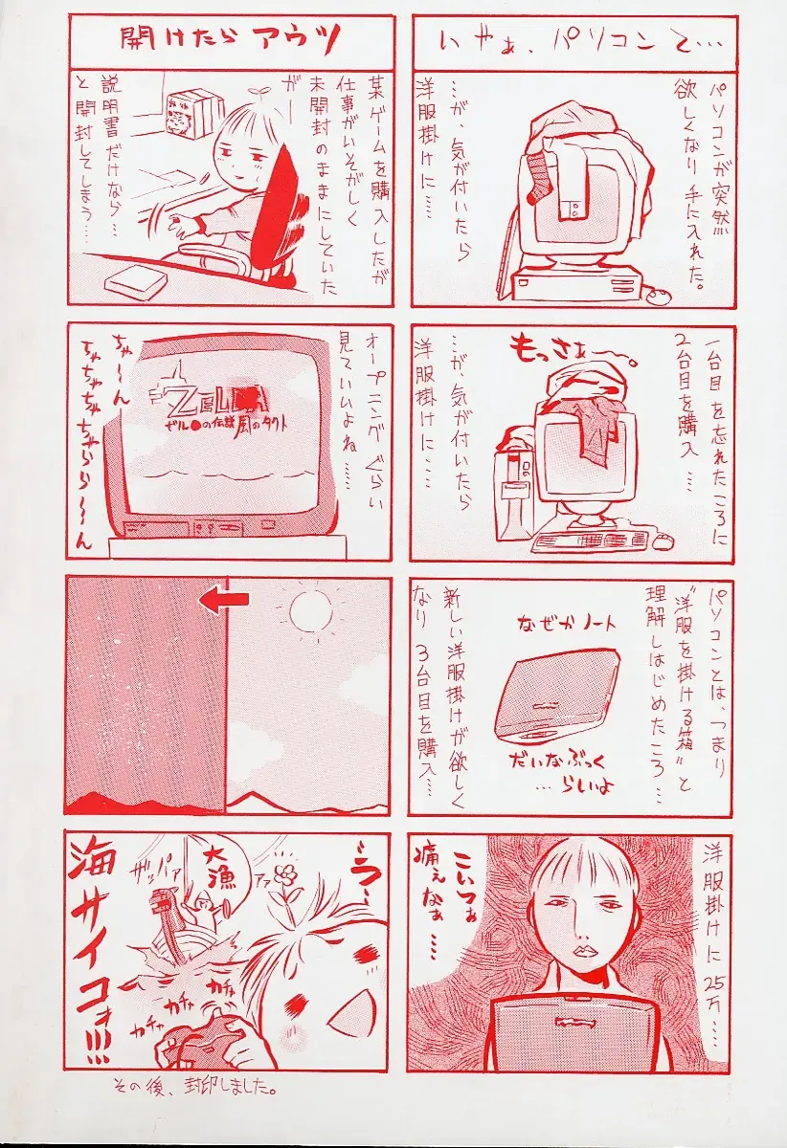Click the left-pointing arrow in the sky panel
[225, 599]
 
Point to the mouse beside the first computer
[658, 296]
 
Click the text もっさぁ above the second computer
[565, 353]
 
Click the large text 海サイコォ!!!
[94, 947]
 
